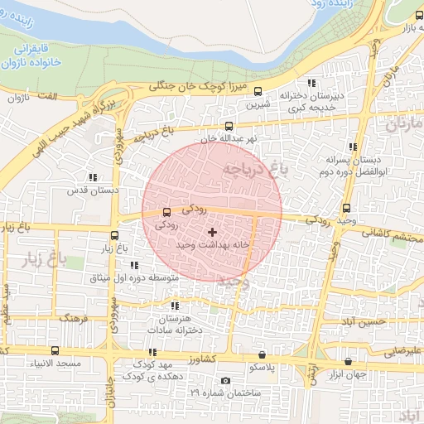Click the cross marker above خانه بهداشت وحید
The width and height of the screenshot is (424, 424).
tap(212, 234)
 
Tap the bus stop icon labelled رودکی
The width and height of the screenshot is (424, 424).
tap(167, 212)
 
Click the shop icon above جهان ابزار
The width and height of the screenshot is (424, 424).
tap(347, 362)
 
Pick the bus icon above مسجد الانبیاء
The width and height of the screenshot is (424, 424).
tap(55, 351)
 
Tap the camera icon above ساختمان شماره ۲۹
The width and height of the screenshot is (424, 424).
tap(226, 380)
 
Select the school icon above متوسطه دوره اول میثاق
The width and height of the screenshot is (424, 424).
tap(134, 266)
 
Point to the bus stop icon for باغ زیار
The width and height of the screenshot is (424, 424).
tap(115, 235)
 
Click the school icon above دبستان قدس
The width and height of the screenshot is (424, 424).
tap(92, 176)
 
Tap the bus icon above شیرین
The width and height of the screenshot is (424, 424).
tap(258, 92)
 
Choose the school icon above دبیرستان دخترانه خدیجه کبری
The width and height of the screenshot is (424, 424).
tap(311, 83)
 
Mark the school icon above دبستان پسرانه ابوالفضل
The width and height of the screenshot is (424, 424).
tap(354, 146)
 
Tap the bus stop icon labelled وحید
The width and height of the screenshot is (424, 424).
tap(345, 209)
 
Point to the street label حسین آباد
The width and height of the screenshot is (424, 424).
tap(364, 320)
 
